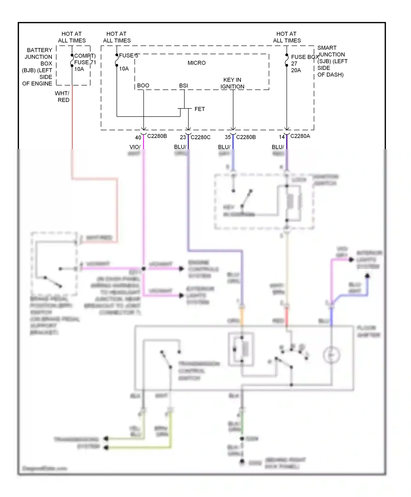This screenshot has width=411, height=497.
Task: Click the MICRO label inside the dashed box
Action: point(196,63)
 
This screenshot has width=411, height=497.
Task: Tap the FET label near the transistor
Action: point(199,109)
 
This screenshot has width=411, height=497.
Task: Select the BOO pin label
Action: point(143,85)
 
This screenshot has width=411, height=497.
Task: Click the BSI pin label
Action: point(183,85)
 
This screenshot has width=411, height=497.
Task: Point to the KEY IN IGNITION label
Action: point(232,83)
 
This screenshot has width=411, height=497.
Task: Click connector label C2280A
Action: point(300,136)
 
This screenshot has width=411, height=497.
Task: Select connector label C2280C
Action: point(201,137)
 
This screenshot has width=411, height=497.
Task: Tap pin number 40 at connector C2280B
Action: point(138,138)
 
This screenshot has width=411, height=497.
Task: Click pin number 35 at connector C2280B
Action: point(228,137)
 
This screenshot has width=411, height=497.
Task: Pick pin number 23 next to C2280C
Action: point(183,137)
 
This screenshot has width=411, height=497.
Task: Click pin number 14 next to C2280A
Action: point(282,137)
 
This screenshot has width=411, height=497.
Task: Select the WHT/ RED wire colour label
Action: point(63,97)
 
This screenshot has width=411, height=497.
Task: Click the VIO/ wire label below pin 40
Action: point(135,147)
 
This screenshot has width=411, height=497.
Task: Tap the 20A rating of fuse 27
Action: point(296,70)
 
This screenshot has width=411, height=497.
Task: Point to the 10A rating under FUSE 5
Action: point(124,69)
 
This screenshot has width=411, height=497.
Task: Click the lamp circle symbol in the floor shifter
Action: point(331,355)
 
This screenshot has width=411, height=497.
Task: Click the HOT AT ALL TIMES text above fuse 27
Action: point(287,37)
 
